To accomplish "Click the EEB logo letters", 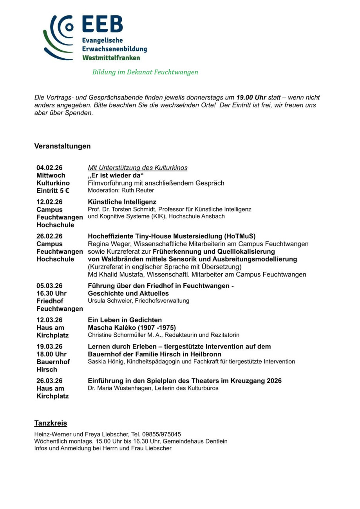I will pyautogui.click(x=103, y=25).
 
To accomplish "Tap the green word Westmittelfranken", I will pyautogui.click(x=111, y=58).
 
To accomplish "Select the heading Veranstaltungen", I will pyautogui.click(x=62, y=146).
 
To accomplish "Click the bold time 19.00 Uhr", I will pyautogui.click(x=251, y=97).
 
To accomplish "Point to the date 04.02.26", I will pyautogui.click(x=49, y=168).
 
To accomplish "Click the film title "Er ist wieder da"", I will pyautogui.click(x=116, y=175).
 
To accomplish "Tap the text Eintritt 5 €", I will pyautogui.click(x=53, y=191).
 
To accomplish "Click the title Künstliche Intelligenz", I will pyautogui.click(x=122, y=202).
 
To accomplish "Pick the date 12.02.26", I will pyautogui.click(x=49, y=202).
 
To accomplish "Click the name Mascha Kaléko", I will pyautogui.click(x=110, y=328).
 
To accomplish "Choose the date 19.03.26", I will pyautogui.click(x=49, y=347).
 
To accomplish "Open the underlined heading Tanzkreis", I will pyautogui.click(x=51, y=423).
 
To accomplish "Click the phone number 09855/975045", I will pyautogui.click(x=162, y=434).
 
